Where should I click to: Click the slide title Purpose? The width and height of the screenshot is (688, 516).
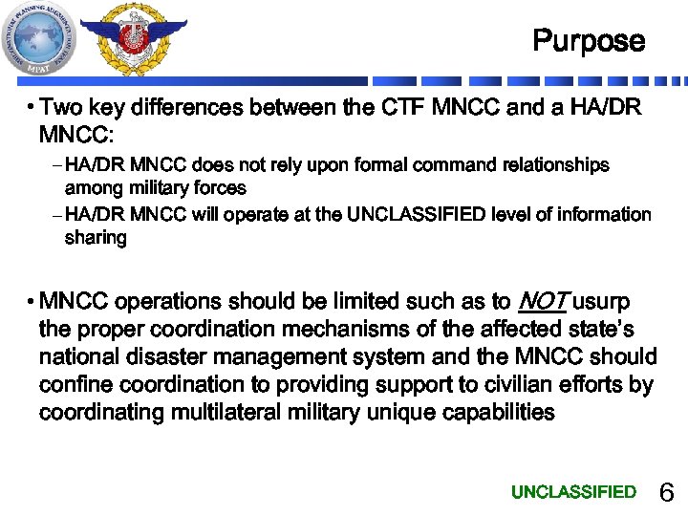(x=589, y=41)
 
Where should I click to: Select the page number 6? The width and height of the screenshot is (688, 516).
(x=667, y=493)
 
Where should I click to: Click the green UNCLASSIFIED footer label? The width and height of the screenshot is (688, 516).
(x=573, y=492)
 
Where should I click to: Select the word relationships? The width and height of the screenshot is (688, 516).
(x=547, y=165)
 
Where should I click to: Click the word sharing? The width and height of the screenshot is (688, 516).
(x=96, y=238)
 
